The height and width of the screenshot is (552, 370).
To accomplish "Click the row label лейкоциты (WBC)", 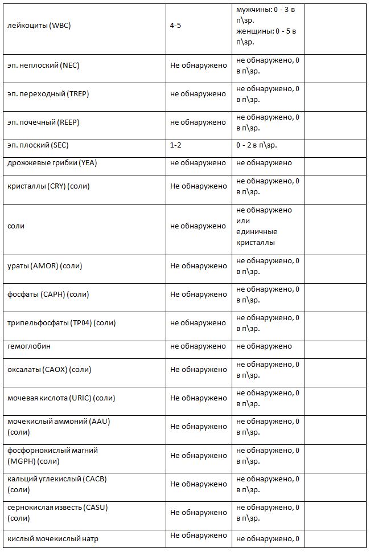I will pyautogui.click(x=39, y=26).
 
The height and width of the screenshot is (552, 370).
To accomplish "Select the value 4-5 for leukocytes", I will pyautogui.click(x=176, y=26).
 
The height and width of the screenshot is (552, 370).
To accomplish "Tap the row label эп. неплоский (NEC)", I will pyautogui.click(x=43, y=65).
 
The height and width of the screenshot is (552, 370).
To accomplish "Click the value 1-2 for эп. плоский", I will pyautogui.click(x=176, y=145).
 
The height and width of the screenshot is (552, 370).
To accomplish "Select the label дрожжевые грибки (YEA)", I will pyautogui.click(x=52, y=163).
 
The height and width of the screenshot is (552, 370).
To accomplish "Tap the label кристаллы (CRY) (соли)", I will pyautogui.click(x=48, y=186).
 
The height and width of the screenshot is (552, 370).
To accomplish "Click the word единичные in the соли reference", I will pyautogui.click(x=257, y=231).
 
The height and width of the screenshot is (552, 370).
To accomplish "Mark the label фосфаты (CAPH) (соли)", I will pyautogui.click(x=48, y=295).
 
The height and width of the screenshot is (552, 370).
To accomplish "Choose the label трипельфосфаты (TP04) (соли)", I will pyautogui.click(x=61, y=323).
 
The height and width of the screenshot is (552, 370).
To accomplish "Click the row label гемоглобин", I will pyautogui.click(x=30, y=346).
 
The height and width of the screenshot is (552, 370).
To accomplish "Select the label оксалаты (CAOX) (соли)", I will pyautogui.click(x=50, y=370).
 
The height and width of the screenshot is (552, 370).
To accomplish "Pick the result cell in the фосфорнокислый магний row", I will pyautogui.click(x=198, y=456).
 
